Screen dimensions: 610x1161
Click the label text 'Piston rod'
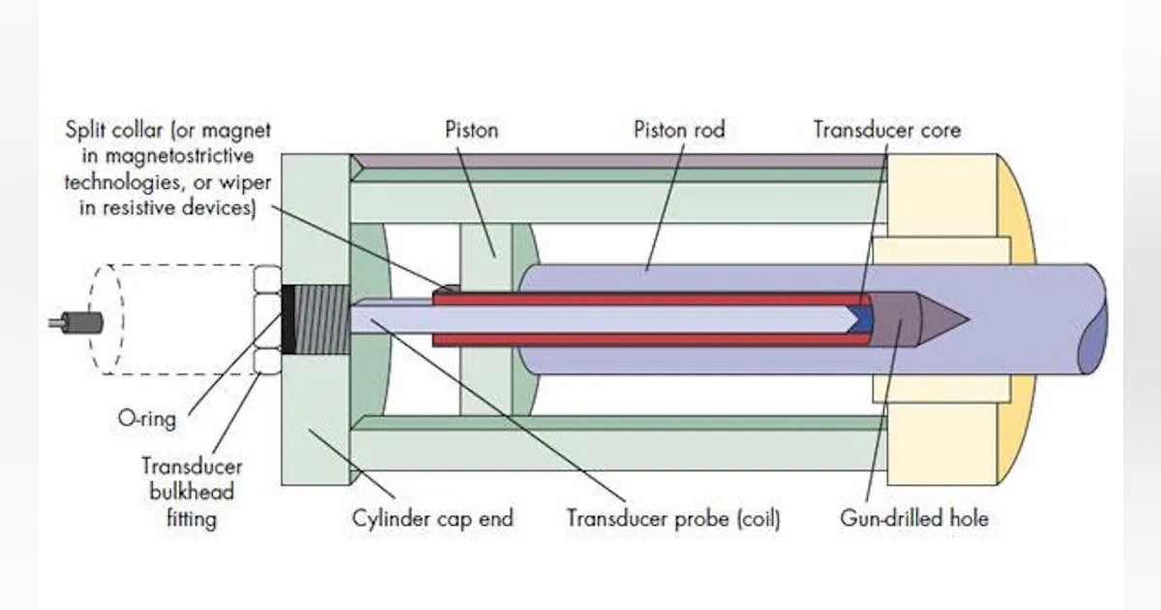[678, 129]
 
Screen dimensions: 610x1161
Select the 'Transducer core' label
[886, 129]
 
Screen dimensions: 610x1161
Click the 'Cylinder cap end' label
[432, 518]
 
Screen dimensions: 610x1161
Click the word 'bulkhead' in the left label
[192, 492]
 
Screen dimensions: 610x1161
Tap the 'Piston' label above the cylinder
[471, 129]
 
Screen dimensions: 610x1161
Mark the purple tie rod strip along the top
[619, 160]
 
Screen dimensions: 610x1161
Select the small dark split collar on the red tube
[446, 288]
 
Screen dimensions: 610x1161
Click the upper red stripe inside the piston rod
[648, 298]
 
